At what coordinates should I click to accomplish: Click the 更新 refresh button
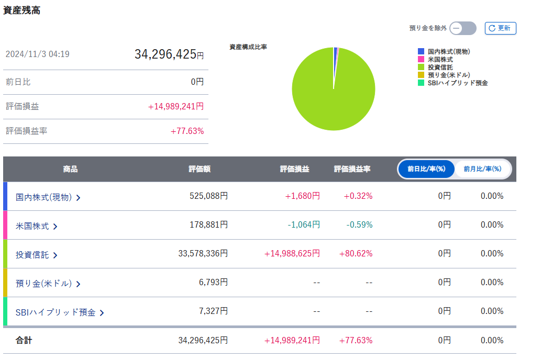pos(501,28)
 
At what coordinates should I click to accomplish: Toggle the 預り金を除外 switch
pos(462,28)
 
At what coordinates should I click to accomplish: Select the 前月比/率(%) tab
pos(482,169)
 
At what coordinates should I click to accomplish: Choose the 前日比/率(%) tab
pos(426,169)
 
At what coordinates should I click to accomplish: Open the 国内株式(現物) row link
pos(48,197)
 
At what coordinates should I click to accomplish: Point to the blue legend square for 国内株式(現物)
pos(421,51)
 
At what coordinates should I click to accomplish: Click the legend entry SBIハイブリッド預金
pos(457,83)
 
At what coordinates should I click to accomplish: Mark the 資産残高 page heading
pos(22,10)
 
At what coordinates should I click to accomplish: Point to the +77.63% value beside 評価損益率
pos(187,131)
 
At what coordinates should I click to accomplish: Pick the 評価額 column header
pos(200,169)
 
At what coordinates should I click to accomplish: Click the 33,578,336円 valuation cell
pos(203,254)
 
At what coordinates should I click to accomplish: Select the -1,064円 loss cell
pos(304,225)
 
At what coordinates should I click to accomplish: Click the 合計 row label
pos(24,341)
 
